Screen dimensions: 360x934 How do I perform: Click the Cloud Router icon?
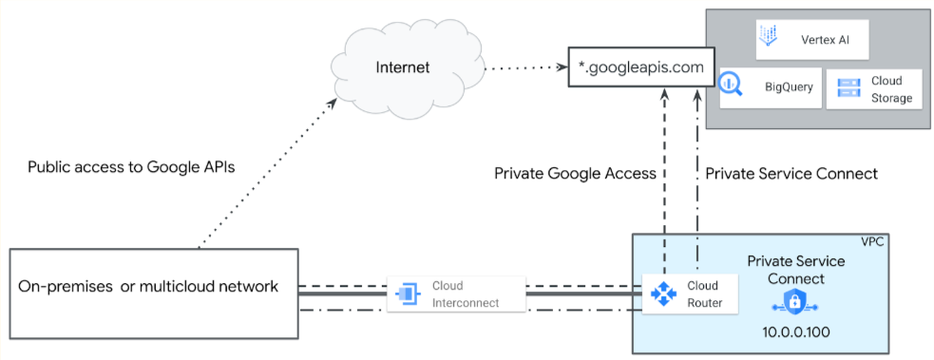662,294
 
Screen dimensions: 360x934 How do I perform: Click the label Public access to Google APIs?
131,166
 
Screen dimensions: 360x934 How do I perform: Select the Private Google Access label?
576,174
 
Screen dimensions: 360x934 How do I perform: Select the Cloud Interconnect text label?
465,294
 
